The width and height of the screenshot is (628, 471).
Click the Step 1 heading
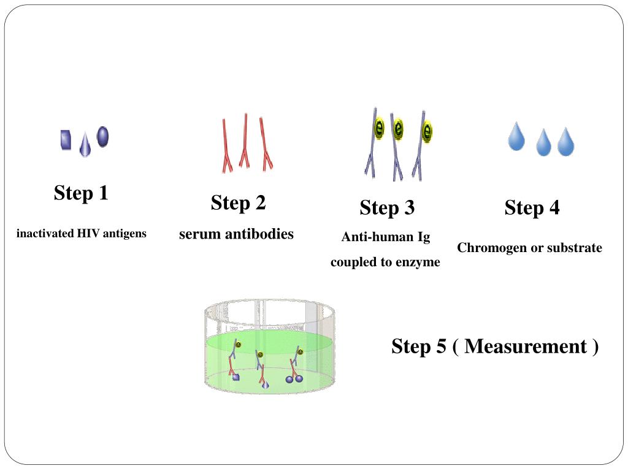click(81, 193)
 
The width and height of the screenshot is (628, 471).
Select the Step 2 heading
click(238, 202)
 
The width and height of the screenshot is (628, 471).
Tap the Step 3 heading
click(387, 208)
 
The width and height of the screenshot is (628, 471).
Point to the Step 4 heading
click(532, 208)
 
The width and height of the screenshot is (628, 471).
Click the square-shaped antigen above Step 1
click(66, 140)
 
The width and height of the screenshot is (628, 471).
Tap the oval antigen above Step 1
click(102, 136)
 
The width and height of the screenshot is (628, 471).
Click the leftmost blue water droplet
click(516, 137)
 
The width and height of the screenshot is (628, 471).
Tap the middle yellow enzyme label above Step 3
click(398, 129)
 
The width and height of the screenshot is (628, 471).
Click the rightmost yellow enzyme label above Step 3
click(427, 131)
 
